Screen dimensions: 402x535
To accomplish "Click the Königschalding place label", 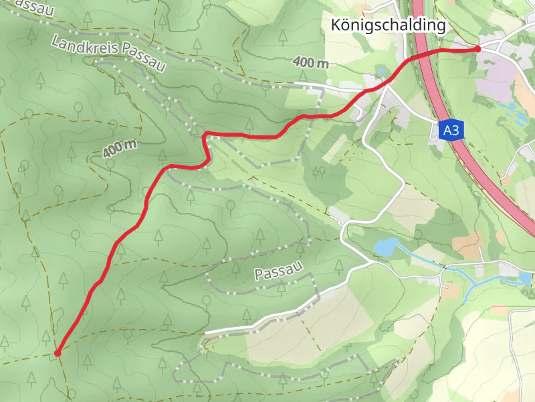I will tap(388, 25).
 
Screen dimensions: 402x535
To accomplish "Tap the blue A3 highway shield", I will tap(451, 130).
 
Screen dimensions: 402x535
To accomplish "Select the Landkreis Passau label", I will tap(108, 54).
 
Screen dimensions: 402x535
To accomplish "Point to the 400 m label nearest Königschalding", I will tap(310, 62).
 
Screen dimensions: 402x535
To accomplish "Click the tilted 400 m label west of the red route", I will tap(120, 148).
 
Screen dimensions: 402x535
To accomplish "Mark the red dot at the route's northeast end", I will tap(477, 49).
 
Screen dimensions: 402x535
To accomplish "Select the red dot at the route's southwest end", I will tap(58, 352).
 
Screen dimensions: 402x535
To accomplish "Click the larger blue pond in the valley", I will tap(385, 248).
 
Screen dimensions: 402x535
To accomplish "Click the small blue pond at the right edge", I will tap(524, 276).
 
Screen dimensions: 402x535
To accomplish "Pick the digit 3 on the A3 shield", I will tap(455, 130).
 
